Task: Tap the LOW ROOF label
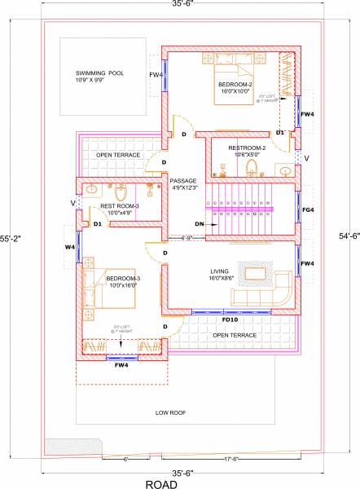click(x=171, y=413)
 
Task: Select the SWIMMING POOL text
click(x=99, y=73)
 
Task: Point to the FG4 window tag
click(x=307, y=209)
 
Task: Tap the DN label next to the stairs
click(x=199, y=223)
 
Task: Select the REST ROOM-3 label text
click(x=118, y=206)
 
